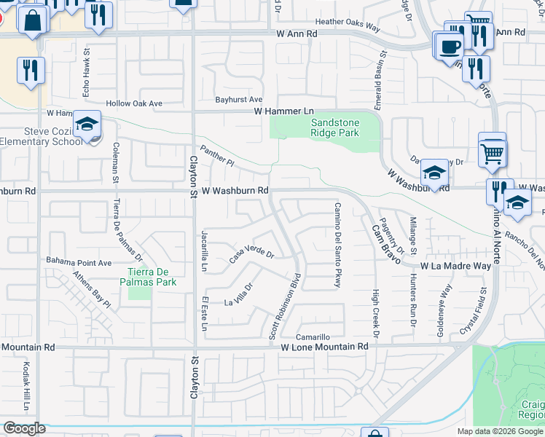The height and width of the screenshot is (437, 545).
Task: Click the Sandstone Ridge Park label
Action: pyautogui.click(x=334, y=127)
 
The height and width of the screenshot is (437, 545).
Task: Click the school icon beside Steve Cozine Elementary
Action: pyautogui.click(x=87, y=125)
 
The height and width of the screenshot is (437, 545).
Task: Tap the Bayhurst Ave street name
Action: pyautogui.click(x=238, y=99)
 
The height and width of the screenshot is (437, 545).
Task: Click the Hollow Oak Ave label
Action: pyautogui.click(x=134, y=103)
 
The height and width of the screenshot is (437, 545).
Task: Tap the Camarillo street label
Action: pyautogui.click(x=313, y=337)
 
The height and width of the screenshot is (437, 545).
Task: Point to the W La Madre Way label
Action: pyautogui.click(x=455, y=267)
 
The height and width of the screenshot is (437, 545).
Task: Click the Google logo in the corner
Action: pyautogui.click(x=23, y=428)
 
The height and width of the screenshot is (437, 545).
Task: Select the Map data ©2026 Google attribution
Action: pyautogui.click(x=500, y=431)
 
